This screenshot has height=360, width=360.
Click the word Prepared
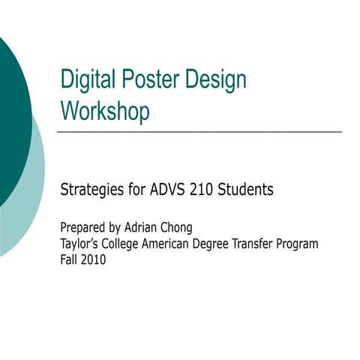(x=84, y=228)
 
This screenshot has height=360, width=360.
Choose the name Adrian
(x=148, y=227)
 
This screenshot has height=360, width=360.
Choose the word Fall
(x=70, y=261)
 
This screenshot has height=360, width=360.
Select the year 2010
(x=94, y=261)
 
